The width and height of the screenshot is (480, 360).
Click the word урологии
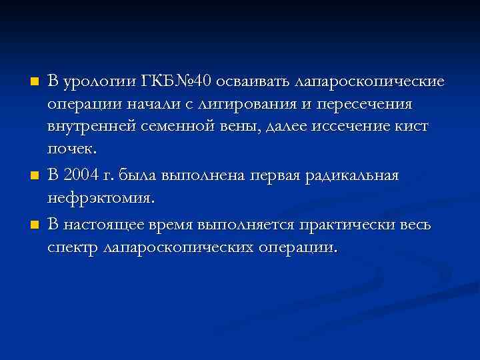98,82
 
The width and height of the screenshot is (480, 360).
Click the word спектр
72,247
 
